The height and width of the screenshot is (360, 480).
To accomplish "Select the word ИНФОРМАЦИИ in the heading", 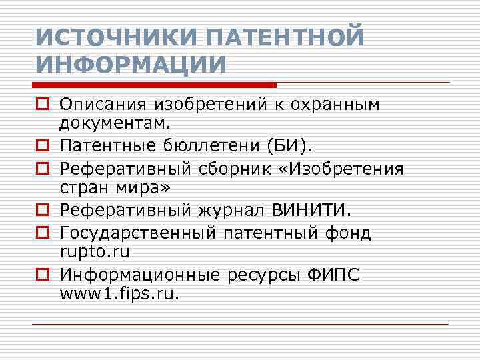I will click(131, 65).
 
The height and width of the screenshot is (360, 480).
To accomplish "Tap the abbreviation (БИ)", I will click(297, 145).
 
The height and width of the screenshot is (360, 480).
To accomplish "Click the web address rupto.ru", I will click(94, 251).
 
